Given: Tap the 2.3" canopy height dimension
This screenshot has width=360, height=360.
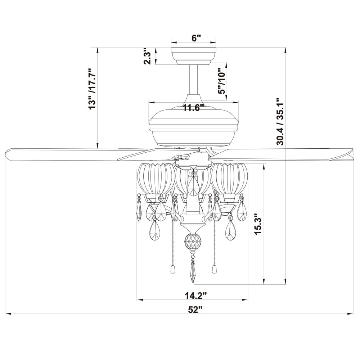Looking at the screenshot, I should tap(147, 56).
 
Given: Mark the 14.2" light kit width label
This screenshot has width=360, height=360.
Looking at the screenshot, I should tap(196, 296).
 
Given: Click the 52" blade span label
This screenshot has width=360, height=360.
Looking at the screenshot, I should tap(195, 309).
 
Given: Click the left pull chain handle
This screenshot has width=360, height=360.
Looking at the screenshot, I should tap(172, 269).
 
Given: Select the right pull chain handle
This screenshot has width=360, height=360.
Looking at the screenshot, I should tap(215, 269).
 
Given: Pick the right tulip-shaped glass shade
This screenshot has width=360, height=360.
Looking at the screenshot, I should tap(230, 178).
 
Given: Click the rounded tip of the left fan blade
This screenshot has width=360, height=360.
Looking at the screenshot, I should tap(7, 155).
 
